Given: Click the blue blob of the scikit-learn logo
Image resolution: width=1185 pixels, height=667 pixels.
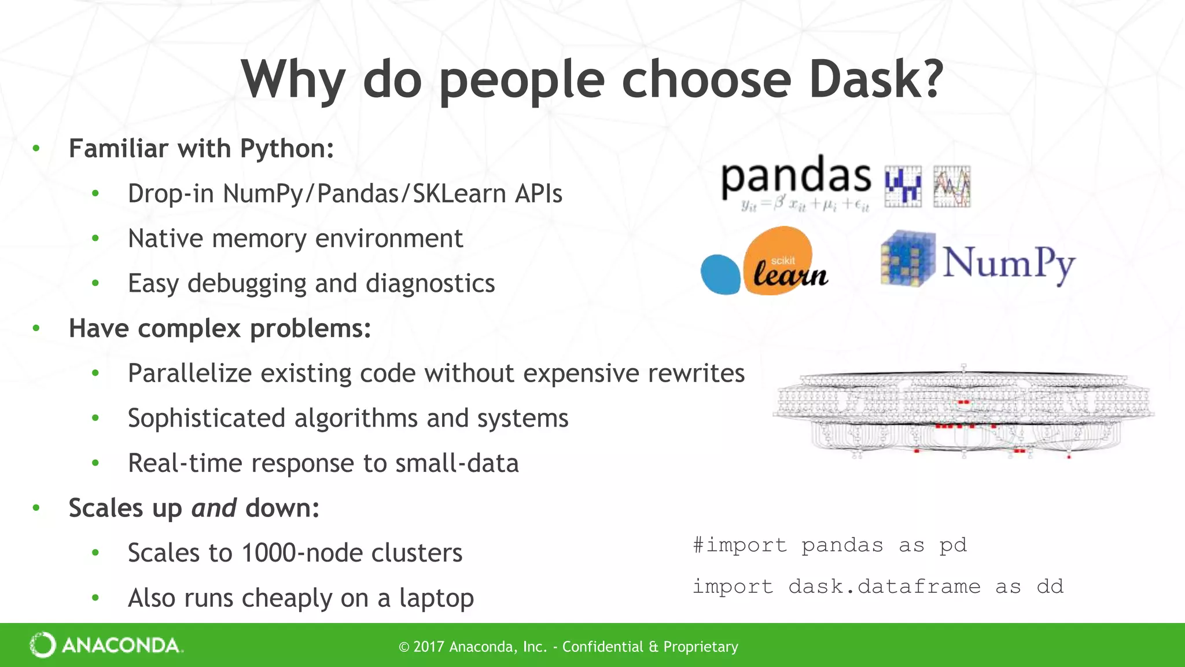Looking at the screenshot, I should (x=720, y=274).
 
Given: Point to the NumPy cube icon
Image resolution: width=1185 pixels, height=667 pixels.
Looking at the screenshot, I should (x=907, y=259).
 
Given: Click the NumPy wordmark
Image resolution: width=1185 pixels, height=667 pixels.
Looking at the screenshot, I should (x=1009, y=263).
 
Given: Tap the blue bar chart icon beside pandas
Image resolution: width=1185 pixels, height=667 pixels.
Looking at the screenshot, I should (x=903, y=186).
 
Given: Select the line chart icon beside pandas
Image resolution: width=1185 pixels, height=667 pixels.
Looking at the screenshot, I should (x=952, y=186).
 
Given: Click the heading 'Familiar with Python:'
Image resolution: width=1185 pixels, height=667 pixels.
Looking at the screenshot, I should (x=201, y=148).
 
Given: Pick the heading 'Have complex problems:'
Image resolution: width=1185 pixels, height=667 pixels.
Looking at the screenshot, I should (x=220, y=328).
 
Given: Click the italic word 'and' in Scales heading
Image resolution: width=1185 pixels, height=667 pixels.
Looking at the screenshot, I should (x=214, y=508).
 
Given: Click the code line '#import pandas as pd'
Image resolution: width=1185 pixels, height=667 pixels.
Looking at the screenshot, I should (x=830, y=545).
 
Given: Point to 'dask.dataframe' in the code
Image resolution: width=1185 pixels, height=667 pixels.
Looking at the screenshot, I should (x=884, y=587).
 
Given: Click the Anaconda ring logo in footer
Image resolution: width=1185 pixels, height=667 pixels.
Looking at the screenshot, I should (x=43, y=645).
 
